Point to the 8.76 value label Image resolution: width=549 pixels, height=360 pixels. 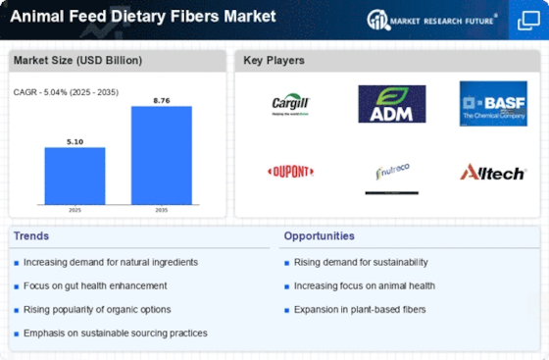[x=161, y=98]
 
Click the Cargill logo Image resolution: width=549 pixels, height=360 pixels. [x=290, y=103]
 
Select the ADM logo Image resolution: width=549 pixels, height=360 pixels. [x=391, y=103]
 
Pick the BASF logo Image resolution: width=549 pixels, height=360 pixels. [x=493, y=103]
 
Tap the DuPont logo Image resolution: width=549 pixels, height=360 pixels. [x=290, y=172]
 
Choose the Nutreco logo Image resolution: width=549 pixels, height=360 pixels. [x=391, y=174]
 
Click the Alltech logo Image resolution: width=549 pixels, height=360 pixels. [x=493, y=173]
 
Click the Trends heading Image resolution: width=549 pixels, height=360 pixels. [x=33, y=235]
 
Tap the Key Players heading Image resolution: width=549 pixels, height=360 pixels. [x=274, y=60]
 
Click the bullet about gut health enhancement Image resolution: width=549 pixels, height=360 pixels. [x=95, y=285]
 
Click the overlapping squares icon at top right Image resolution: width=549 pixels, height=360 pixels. [x=527, y=20]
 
